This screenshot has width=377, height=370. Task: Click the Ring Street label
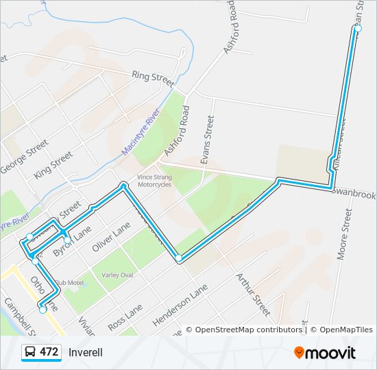point(154,77)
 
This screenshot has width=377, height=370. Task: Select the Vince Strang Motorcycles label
point(154,180)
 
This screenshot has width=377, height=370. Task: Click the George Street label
point(23,157)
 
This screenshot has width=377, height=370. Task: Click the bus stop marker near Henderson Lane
point(178,258)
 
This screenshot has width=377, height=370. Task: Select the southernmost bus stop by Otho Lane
point(42,310)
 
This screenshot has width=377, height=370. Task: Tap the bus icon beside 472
point(30,352)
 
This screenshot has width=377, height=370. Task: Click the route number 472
point(49,352)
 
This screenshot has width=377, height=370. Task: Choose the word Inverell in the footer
point(86,352)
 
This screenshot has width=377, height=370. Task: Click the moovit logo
point(325,353)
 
